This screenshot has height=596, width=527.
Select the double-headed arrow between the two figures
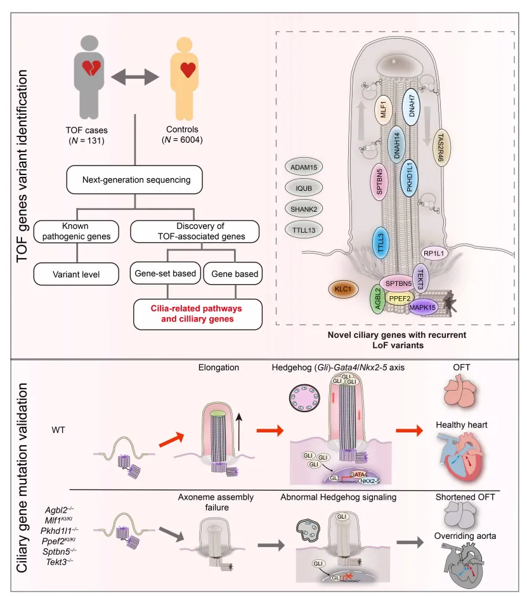pos(134,77)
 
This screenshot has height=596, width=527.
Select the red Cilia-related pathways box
pos(197,314)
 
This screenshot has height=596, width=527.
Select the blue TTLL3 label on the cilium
pos(381,242)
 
